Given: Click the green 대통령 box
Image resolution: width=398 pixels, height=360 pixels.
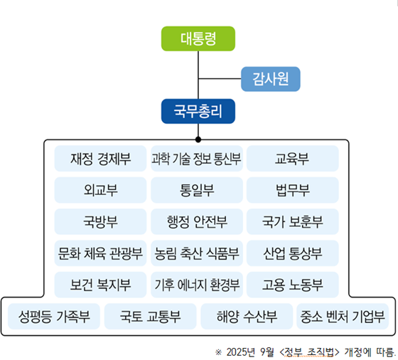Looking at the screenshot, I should point(198,38).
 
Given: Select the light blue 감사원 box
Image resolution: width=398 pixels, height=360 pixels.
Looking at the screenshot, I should point(271,78).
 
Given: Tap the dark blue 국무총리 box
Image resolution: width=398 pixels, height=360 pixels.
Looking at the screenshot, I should point(198,112).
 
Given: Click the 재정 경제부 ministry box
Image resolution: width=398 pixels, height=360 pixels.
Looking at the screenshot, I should point(100,158).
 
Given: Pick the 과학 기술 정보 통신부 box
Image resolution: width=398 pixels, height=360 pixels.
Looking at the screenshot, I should point(197,158).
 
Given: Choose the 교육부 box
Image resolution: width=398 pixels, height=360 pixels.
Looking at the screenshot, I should point(292,158).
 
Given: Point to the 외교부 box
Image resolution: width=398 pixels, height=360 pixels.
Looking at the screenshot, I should point(100,190).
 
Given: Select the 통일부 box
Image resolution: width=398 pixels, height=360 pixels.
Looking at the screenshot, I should point(197,190).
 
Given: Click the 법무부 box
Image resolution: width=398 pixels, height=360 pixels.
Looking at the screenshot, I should point(292,190).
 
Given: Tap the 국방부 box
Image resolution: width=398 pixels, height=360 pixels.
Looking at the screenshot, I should point(100,221).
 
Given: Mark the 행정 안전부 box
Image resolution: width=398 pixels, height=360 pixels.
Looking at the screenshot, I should point(197,221).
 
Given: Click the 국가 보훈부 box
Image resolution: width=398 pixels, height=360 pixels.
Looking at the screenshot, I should point(292,221).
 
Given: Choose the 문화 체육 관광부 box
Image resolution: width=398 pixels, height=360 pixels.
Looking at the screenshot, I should point(100,253).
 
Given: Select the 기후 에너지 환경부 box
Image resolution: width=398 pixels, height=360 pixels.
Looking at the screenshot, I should point(197,285).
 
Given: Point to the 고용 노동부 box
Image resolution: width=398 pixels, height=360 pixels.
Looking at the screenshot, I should point(292,285).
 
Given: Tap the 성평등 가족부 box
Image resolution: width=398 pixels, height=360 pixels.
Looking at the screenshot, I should point(54,316).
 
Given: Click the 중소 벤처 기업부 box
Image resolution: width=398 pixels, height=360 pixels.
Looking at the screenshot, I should point(343,316).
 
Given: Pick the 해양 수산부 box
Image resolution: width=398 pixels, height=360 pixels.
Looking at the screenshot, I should point(246,316).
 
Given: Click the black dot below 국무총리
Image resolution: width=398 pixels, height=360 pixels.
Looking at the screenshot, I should point(198,139).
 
